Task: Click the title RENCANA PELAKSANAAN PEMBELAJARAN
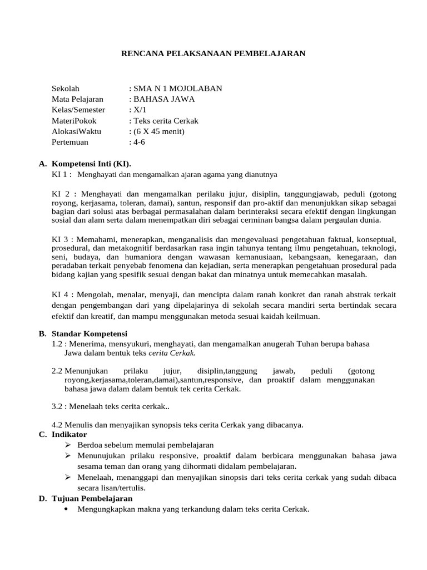213,53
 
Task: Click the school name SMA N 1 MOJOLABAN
177,89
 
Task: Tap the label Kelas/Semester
78,110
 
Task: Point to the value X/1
138,110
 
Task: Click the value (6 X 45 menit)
158,131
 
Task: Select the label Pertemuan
70,142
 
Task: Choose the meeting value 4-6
139,142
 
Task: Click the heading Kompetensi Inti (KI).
91,164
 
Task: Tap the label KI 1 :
62,174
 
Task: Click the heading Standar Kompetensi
90,333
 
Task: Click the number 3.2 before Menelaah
57,407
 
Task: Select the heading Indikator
69,434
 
